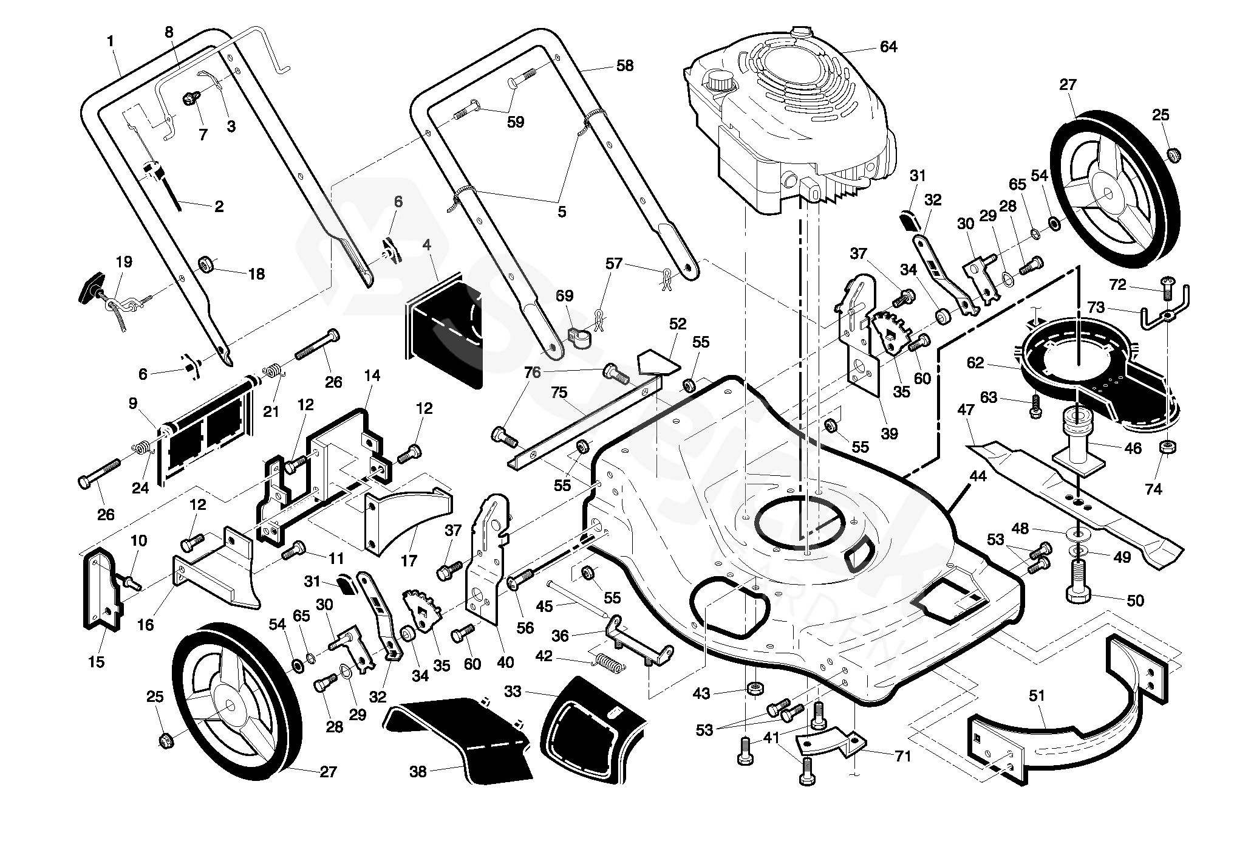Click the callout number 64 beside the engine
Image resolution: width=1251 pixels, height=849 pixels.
(x=888, y=47)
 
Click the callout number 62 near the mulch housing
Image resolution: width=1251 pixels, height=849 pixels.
(x=975, y=363)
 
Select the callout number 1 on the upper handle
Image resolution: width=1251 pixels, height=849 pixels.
(x=110, y=41)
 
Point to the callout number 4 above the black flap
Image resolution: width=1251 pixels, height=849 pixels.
(x=427, y=245)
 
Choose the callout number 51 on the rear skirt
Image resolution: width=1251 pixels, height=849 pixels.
(x=1037, y=695)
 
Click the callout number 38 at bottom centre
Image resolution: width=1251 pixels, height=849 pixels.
(x=418, y=772)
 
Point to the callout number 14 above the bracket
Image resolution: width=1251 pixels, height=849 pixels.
(x=372, y=376)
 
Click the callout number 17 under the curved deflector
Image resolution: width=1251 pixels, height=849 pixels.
(x=409, y=560)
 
